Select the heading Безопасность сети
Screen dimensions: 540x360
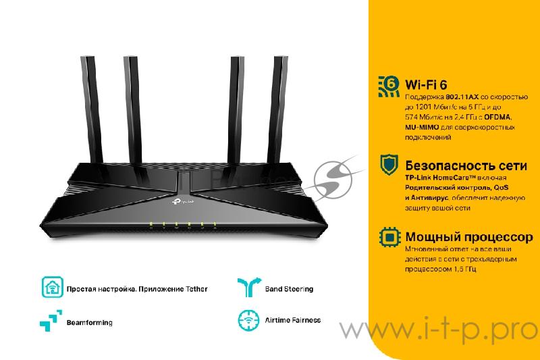point(456,165)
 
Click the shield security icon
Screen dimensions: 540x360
point(389,164)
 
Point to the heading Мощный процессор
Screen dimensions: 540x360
point(468,237)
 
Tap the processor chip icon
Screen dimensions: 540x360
point(389,237)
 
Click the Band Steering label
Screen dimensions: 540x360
point(289,289)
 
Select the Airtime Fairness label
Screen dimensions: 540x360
point(292,320)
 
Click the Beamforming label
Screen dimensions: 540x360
point(89,323)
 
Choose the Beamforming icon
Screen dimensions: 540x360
point(52,320)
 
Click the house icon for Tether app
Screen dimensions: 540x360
point(52,288)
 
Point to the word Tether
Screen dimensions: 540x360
point(194,289)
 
